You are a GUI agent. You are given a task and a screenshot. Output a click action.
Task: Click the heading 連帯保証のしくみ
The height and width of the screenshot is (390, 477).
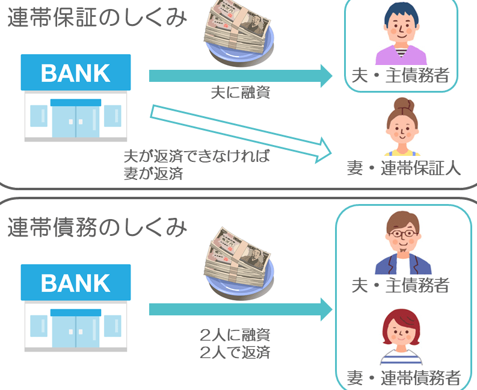[97, 18]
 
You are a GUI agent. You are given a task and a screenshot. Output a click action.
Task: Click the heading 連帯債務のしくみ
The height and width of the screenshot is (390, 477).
[97, 227]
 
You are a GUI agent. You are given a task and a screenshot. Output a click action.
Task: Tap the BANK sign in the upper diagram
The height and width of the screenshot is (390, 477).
[76, 73]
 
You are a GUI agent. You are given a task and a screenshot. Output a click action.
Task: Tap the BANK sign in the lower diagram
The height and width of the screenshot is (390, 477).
[76, 282]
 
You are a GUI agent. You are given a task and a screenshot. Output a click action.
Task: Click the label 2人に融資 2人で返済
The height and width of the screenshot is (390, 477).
[235, 344]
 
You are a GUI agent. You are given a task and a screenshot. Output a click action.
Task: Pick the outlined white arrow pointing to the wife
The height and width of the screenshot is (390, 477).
[241, 132]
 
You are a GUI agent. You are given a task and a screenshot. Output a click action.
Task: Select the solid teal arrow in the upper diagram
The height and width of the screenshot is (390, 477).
[241, 75]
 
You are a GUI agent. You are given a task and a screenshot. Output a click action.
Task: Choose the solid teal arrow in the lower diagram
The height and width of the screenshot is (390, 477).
[241, 309]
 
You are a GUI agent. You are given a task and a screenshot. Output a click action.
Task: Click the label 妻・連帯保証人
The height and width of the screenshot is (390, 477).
[404, 168]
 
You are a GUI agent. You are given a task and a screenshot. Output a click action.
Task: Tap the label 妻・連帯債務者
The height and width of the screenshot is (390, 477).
[404, 378]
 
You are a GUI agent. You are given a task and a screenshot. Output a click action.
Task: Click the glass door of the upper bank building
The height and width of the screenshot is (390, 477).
[75, 120]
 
